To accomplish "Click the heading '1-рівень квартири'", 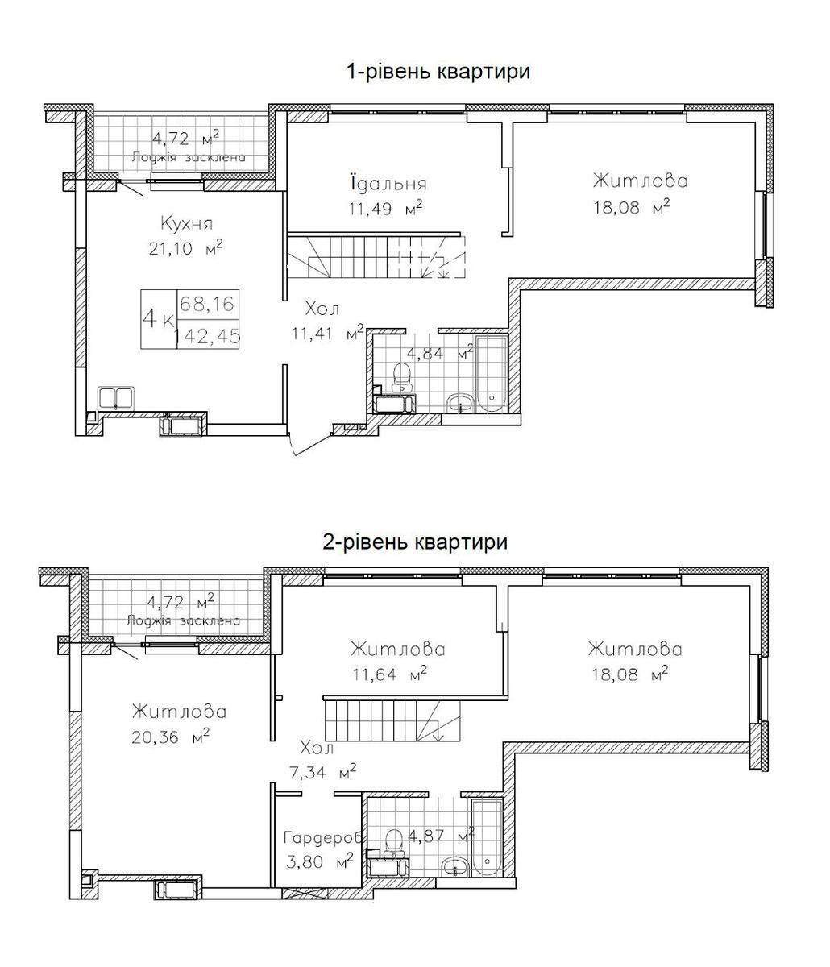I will point(438,72).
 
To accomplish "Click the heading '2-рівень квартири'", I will point(414,542).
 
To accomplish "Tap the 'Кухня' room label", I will point(186,222).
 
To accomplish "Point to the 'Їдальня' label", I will point(388,183).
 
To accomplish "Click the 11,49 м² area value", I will point(385,209).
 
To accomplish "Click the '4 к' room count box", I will point(158,319).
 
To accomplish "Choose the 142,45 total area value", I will point(208,336).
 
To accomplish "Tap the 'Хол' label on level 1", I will point(322,308).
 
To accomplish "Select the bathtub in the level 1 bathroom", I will point(490,376).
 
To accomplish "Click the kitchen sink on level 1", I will point(116,398).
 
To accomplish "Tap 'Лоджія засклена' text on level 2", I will point(184,620).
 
